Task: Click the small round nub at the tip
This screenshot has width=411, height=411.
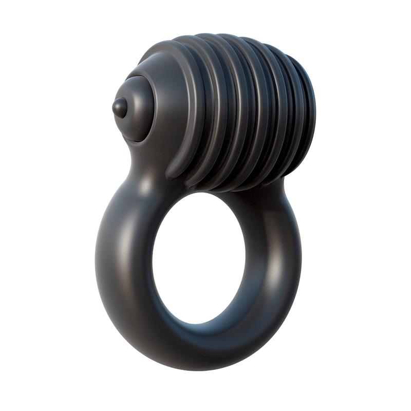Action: click(x=120, y=107)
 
